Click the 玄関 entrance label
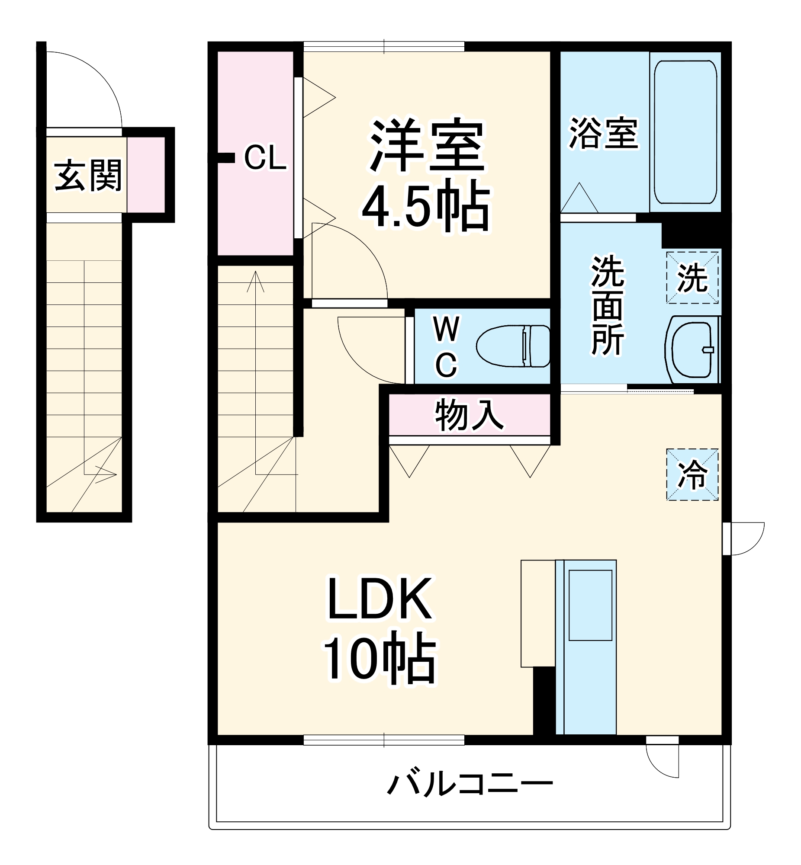pos(88,176)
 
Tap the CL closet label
pos(265,159)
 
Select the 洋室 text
pos(427,145)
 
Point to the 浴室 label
pos(603,133)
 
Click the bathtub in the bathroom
pos(685,131)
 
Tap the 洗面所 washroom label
pos(608,306)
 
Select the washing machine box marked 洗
pos(692,277)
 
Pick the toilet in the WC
pos(514,346)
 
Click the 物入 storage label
pos(470,415)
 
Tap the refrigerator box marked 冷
pos(692,475)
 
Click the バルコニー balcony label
pos(470,784)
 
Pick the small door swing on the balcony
pos(662,760)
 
